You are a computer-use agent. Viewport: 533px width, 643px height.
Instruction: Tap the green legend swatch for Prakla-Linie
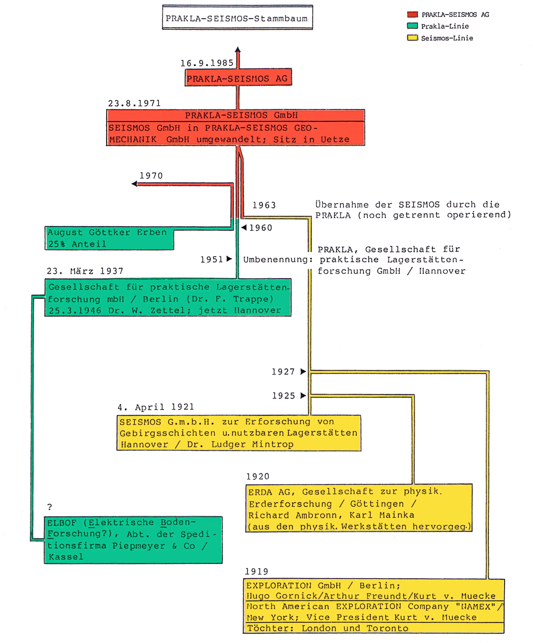(x=412, y=26)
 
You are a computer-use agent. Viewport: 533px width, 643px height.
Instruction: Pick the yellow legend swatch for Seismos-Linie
(x=412, y=38)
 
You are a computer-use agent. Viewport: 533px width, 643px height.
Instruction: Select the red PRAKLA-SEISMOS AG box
(x=238, y=78)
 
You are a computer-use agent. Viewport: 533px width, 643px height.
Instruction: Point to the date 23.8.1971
(x=134, y=104)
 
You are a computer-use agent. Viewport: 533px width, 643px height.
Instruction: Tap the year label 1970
(x=151, y=176)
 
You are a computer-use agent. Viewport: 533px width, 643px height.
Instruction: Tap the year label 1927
(x=283, y=372)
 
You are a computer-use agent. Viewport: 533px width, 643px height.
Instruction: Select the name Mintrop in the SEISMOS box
(x=273, y=444)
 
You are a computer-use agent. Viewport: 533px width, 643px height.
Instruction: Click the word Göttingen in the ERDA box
(x=377, y=504)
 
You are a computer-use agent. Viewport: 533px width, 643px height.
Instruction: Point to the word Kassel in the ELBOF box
(x=66, y=557)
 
